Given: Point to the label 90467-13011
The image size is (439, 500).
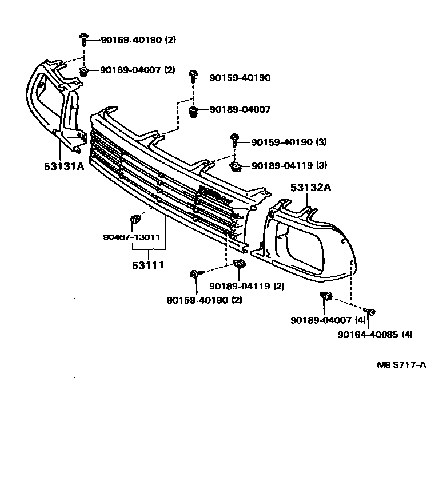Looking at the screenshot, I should tap(131, 237).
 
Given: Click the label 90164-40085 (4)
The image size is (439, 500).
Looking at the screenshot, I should tap(374, 334).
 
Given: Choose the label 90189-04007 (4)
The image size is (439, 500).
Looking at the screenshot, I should tap(328, 320).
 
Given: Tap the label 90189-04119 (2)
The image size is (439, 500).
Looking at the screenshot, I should tap(247, 286).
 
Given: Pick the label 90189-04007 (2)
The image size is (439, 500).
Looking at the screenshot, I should tap(138, 70).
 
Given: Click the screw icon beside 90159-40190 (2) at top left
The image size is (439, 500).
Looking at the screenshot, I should tap(83, 39).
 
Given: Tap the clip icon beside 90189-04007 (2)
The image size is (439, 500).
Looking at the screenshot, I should tap(85, 71).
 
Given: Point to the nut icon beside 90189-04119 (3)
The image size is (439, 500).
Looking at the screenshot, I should tap(235, 166).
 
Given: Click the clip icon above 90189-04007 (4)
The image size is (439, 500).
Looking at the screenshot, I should tap(325, 296).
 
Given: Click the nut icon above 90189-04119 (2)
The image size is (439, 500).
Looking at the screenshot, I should tap(239, 264).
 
